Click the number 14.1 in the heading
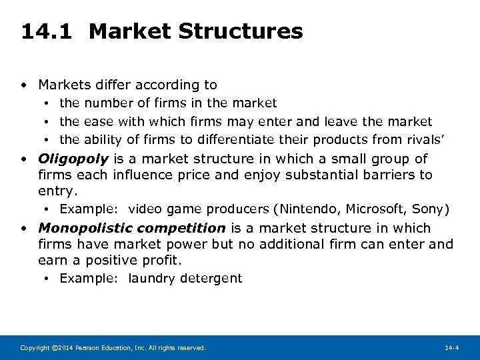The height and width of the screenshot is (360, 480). [47, 31]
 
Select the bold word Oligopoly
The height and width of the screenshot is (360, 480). [73, 159]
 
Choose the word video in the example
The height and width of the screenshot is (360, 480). [145, 209]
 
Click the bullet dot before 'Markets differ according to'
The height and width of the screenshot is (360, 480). [23, 85]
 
